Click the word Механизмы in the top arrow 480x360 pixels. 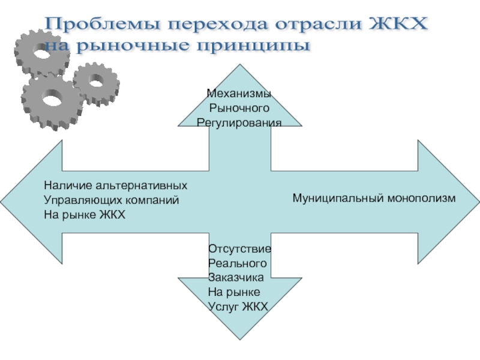coord(239,94)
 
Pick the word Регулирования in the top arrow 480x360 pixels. coord(239,122)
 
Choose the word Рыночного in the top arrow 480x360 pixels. coord(239,108)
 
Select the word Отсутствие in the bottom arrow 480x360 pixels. coord(239,249)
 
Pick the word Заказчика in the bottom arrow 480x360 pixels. coord(235,278)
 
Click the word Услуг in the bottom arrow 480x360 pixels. coord(221,307)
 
